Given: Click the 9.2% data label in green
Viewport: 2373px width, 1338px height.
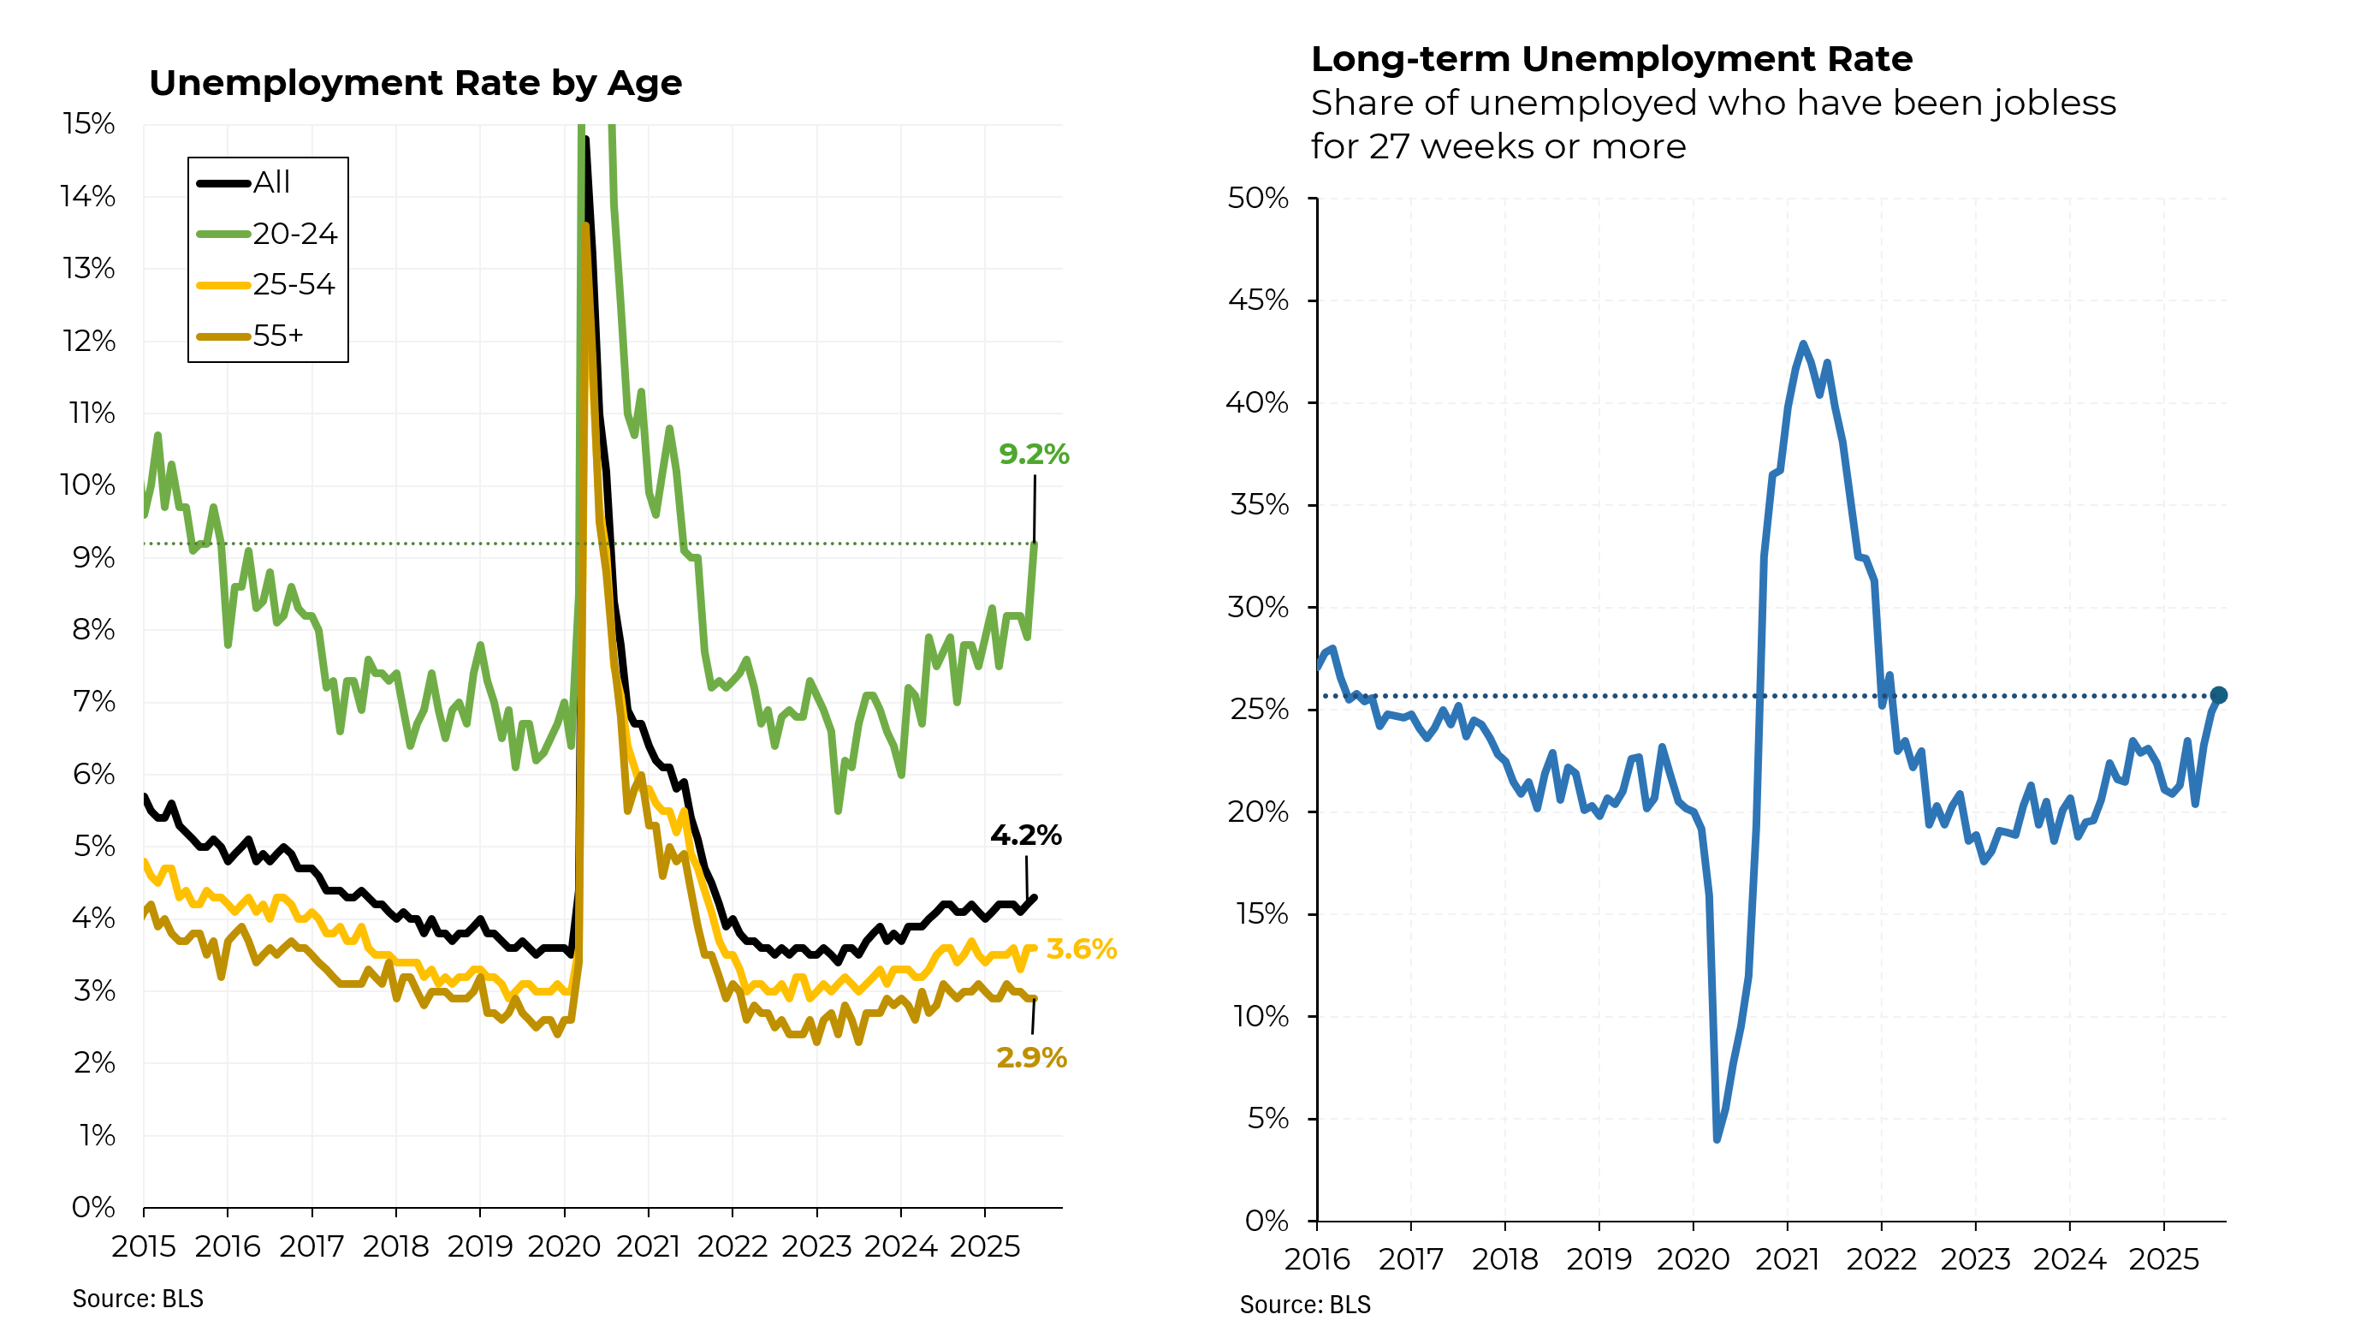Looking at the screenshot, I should [x=1034, y=455].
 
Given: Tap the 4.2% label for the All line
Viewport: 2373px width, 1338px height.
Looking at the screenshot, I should [x=1025, y=836].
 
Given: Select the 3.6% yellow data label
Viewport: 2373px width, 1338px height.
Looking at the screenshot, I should [x=1082, y=949].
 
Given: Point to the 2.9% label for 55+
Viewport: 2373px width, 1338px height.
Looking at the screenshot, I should [x=1032, y=1058].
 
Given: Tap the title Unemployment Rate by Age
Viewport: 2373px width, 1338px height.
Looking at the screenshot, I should [x=415, y=83].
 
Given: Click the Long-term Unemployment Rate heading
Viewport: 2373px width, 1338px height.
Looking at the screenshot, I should [x=1611, y=59].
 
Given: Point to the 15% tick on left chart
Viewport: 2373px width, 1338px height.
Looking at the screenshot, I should [x=88, y=123].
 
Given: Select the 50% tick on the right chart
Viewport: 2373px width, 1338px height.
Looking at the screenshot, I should [x=1257, y=198].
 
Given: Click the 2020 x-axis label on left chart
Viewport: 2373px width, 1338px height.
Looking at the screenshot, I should [x=564, y=1246].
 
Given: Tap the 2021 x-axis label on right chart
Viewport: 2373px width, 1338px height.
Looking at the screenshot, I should [x=1787, y=1260].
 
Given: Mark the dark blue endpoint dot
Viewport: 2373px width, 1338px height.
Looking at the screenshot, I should [x=2219, y=696].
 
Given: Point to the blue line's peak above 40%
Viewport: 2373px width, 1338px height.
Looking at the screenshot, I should [x=1803, y=344].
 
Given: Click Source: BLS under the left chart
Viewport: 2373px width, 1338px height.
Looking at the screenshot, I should [x=138, y=1299].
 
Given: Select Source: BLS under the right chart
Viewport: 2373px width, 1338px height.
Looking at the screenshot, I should [x=1304, y=1305].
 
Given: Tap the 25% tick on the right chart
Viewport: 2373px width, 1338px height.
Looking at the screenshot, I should [x=1257, y=710].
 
